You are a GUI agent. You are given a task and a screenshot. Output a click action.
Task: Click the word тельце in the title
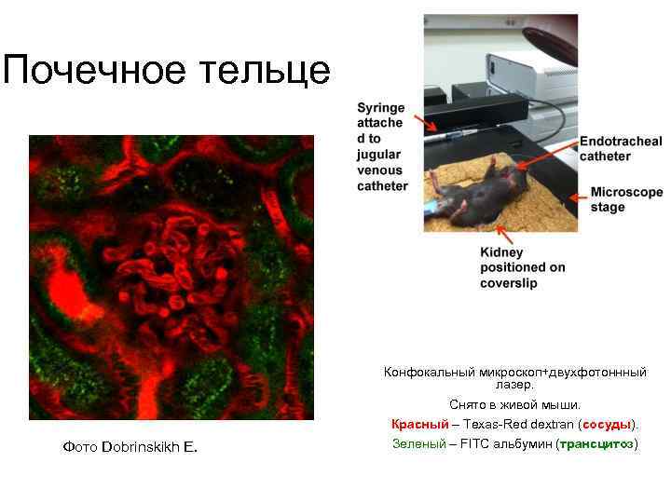coord(270,70)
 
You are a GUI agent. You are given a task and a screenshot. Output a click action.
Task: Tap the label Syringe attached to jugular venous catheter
coord(382,147)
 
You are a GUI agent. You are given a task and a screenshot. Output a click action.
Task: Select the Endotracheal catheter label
coord(621,148)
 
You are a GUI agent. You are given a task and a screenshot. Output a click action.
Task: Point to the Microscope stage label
coord(626,199)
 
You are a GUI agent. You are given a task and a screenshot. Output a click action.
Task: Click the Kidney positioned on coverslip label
coord(522,267)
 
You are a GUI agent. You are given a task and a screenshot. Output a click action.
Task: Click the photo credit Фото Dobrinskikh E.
coord(130,447)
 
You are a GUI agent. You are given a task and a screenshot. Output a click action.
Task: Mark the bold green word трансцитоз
coord(596,443)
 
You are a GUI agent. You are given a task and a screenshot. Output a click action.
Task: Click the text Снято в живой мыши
coord(514,405)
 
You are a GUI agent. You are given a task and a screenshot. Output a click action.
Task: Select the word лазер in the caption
coord(514,385)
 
